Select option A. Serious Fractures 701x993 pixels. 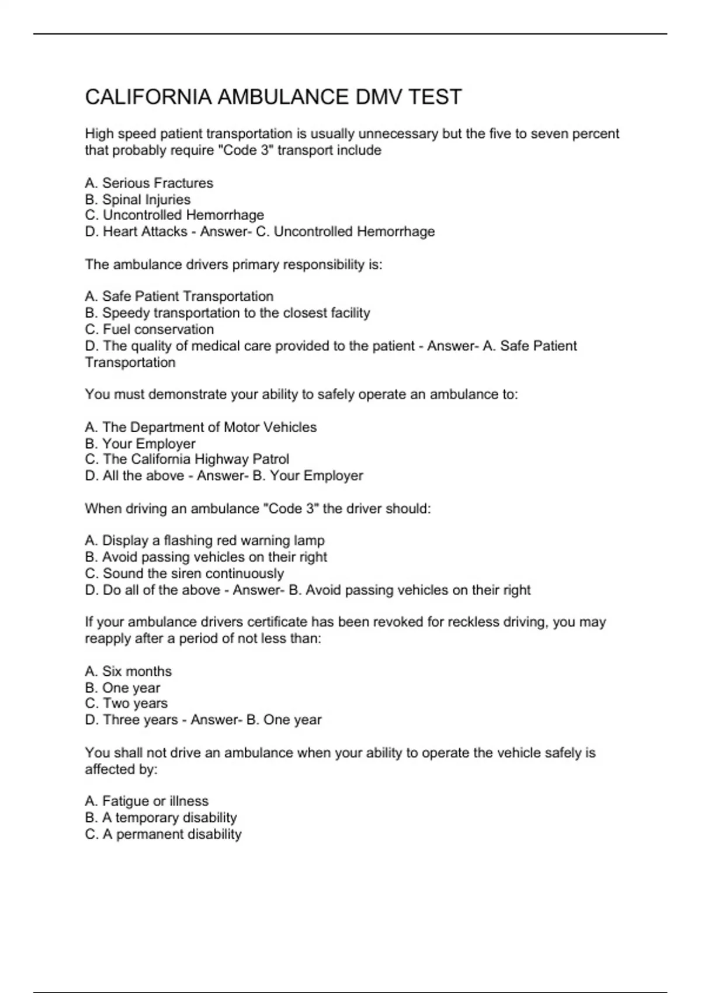pos(149,183)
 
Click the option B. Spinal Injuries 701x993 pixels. pos(138,199)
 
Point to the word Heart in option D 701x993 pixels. pos(120,231)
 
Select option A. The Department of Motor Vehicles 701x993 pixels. pos(200,427)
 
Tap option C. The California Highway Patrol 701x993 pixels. pos(187,459)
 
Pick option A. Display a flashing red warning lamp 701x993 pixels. pos(204,540)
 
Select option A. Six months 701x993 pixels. pos(129,671)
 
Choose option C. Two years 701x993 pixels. pos(126,703)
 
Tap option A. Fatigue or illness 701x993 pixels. pos(147,801)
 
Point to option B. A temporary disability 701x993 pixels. pos(161,817)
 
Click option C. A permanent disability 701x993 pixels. pos(163,834)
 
